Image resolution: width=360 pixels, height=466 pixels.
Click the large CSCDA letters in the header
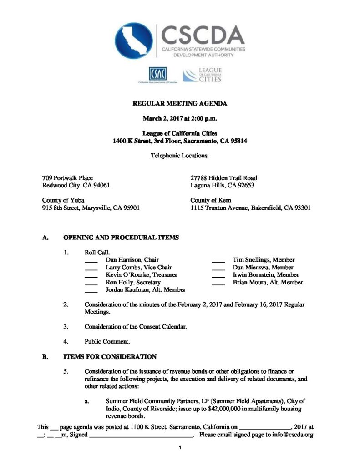pos(203,34)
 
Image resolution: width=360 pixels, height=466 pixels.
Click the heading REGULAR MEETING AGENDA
pos(180,104)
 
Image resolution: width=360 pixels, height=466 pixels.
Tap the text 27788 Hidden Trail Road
pos(223,178)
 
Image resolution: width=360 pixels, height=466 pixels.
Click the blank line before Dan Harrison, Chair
pos(91,261)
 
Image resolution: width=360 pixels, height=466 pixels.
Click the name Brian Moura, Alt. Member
pos(268,282)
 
